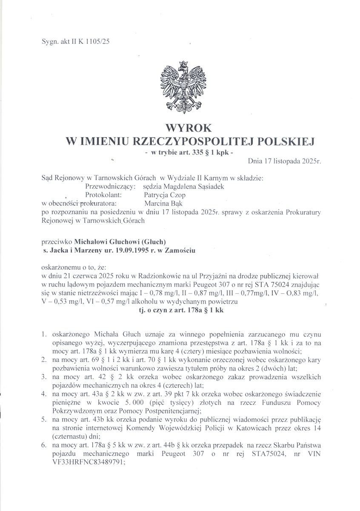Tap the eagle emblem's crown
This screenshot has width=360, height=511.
pyautogui.click(x=184, y=65)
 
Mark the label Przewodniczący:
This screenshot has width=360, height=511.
pyautogui.click(x=111, y=186)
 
